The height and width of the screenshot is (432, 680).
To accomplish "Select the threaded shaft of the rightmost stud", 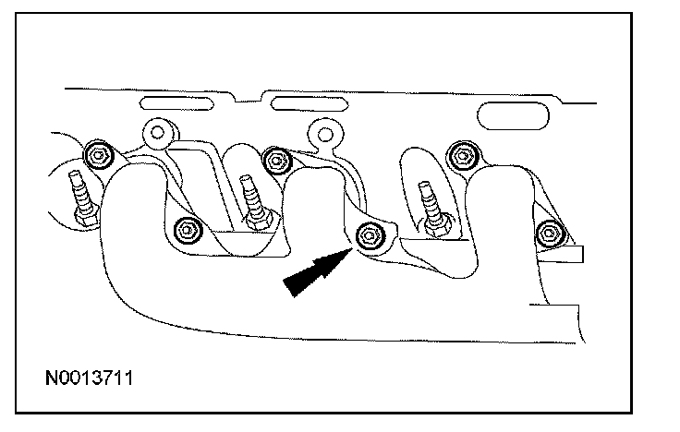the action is click(429, 199).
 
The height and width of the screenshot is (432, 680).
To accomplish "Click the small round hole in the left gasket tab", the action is click(158, 133).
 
